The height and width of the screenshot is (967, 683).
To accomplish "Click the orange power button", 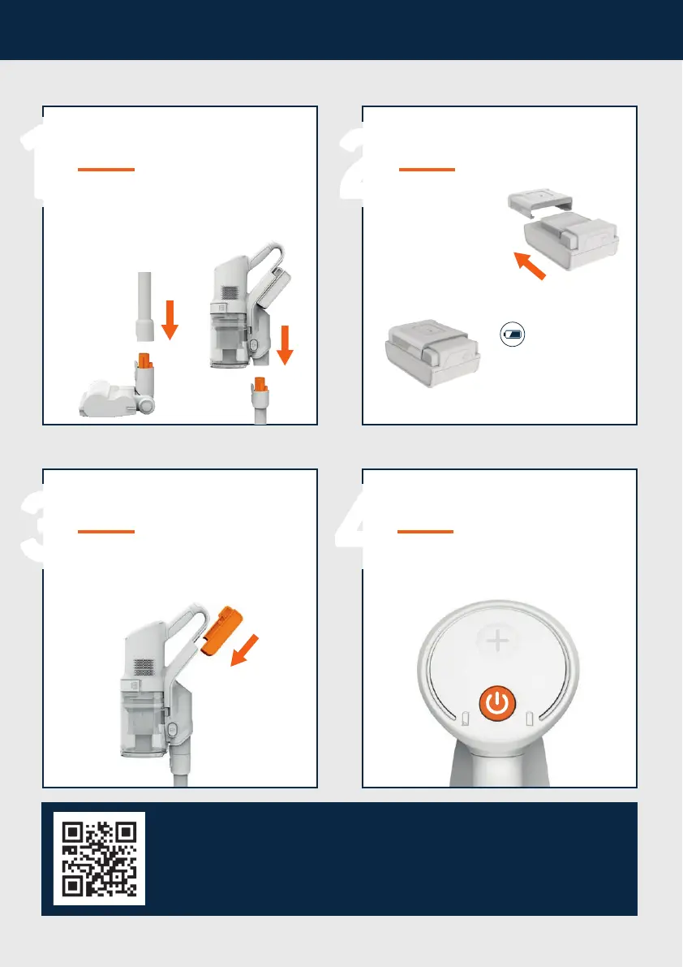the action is pos(497,703).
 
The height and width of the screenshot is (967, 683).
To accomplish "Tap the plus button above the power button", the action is pos(497,641).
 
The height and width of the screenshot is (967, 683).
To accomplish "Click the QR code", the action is pos(99,858).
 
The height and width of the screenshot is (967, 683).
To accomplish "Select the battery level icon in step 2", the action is pos(513,335).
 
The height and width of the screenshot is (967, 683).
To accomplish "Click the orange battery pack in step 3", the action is pos(221,630).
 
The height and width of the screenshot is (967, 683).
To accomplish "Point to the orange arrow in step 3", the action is pos(244,650).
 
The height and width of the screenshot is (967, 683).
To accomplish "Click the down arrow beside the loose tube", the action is pos(170,319).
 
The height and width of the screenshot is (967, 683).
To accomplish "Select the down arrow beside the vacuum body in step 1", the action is pos(285,345).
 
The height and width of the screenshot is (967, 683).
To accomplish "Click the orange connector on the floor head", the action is pos(144,361).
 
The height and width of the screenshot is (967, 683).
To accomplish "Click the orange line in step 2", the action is pos(427,169).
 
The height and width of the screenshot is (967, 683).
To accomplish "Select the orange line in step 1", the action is pos(106,169).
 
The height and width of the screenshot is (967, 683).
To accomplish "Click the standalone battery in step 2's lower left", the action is pos(432,352).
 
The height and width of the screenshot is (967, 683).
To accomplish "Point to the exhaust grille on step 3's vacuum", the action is pos(144,666).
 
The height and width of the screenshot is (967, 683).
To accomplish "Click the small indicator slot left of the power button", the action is pos(466,719).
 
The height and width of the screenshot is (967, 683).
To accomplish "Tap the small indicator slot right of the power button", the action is pos(529,719).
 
